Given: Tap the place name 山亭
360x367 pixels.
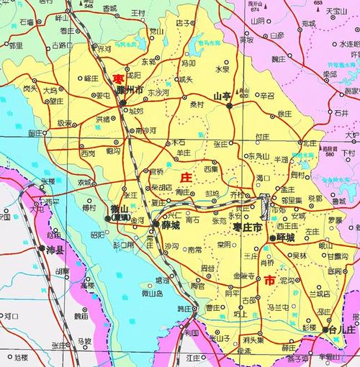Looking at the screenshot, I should pyautogui.click(x=221, y=95).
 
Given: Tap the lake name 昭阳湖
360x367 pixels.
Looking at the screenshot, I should pyautogui.click(x=99, y=235).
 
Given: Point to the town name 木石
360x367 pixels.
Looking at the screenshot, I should pyautogui.click(x=179, y=142).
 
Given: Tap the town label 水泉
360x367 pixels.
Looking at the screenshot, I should pyautogui.click(x=222, y=69).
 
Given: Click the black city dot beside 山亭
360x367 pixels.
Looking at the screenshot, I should pyautogui.click(x=230, y=105).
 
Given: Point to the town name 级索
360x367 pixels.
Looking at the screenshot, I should pyautogui.click(x=66, y=122).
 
